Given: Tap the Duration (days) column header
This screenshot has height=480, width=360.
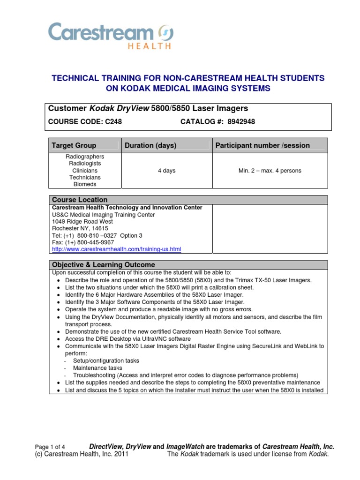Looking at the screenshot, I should click(150, 145).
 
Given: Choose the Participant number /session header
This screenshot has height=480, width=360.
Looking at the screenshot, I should click(262, 145).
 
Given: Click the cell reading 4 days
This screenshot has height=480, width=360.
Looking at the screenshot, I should click(166, 171).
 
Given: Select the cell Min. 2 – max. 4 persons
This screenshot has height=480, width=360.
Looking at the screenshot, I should click(270, 171).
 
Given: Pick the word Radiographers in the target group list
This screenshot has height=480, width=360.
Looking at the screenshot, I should click(85, 157).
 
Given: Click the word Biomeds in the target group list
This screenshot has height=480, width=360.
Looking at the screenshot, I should click(85, 185).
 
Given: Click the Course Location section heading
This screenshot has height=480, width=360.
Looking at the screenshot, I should click(80, 200).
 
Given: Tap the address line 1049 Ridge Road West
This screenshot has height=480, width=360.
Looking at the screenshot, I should click(82, 221).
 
